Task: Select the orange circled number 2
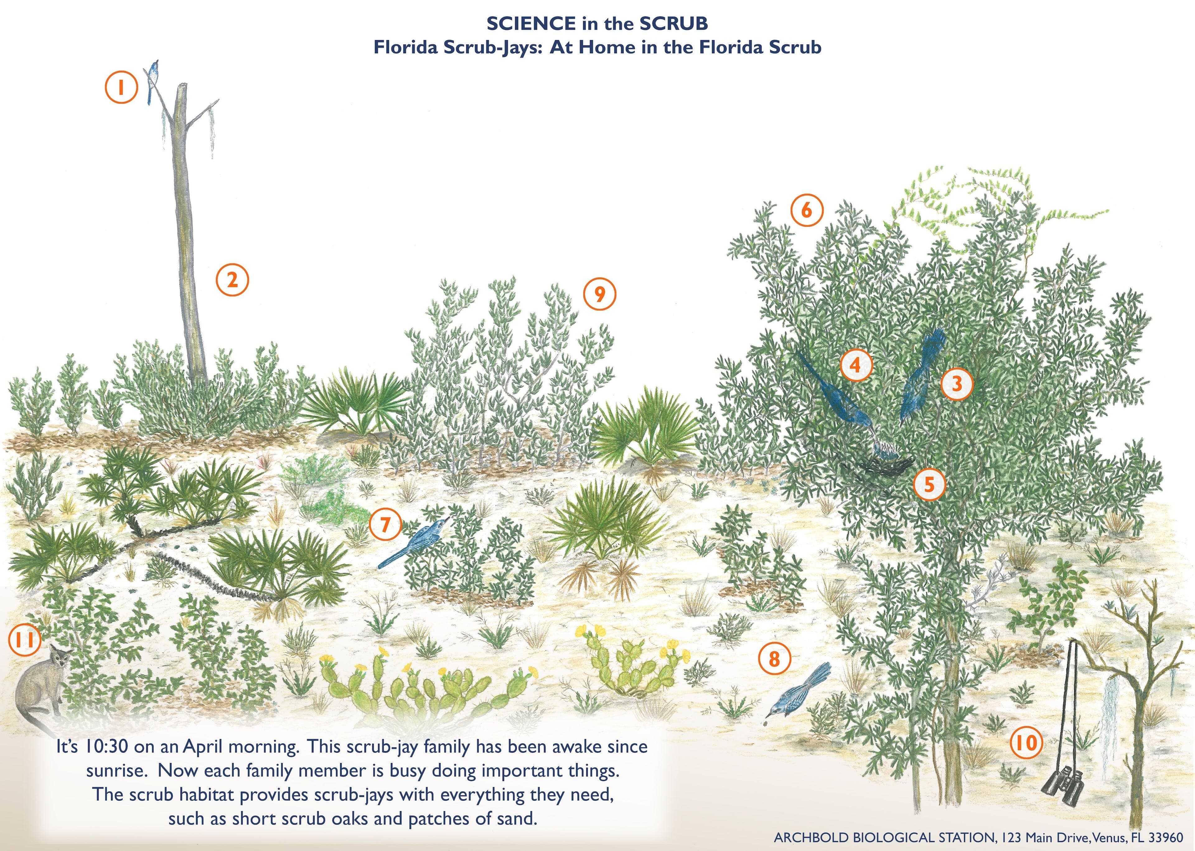pyautogui.click(x=232, y=280)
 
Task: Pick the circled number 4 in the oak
pyautogui.click(x=856, y=365)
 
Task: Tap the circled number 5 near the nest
pyautogui.click(x=929, y=485)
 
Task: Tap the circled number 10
pyautogui.click(x=1026, y=742)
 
